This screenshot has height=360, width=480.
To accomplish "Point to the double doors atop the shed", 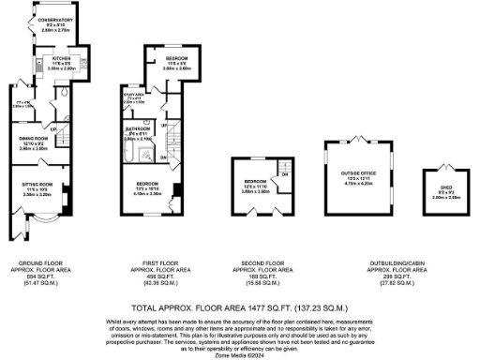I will point(439,166).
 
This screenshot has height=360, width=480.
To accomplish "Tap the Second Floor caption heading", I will point(257,263).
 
